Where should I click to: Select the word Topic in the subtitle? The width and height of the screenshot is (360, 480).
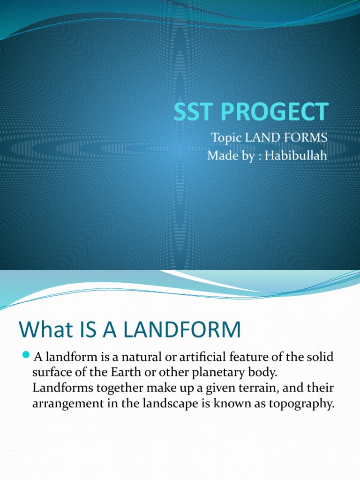[x=225, y=138]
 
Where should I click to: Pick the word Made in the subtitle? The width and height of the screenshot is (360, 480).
[x=221, y=155]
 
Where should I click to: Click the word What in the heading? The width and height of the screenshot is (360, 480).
[x=43, y=330]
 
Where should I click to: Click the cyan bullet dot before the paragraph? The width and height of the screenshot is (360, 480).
[x=26, y=354]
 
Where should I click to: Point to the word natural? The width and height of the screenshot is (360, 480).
[x=139, y=357]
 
